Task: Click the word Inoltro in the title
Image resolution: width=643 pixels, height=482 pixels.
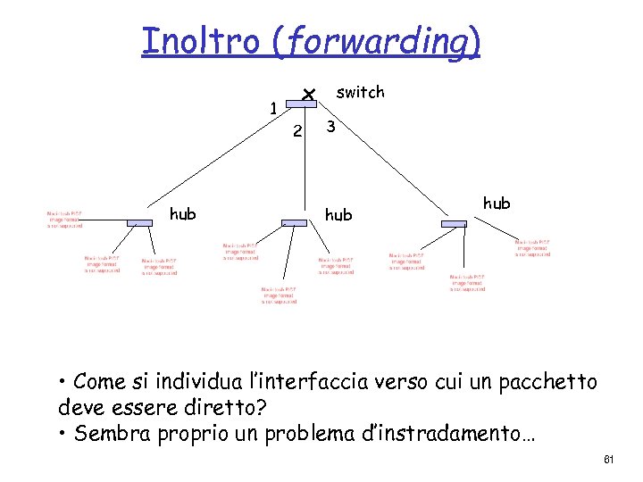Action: (x=203, y=41)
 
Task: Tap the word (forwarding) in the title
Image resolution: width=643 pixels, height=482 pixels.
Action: (x=378, y=42)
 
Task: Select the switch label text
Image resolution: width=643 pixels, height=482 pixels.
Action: (x=360, y=92)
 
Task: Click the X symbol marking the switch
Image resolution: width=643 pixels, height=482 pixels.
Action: (x=307, y=94)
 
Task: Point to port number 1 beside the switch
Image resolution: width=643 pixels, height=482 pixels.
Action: (x=273, y=109)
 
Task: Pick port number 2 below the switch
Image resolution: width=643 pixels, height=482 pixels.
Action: (x=298, y=131)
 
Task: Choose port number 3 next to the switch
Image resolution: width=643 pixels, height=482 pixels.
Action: (x=330, y=127)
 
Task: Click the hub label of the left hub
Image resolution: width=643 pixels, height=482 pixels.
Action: (x=183, y=213)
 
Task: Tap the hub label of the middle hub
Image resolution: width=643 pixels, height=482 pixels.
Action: (x=338, y=214)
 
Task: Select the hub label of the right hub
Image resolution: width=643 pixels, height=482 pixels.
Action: (x=496, y=203)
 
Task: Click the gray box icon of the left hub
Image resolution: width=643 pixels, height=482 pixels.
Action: (x=139, y=221)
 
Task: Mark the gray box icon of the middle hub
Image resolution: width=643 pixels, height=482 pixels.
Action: (x=293, y=222)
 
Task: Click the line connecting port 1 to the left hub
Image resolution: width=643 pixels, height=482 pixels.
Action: (x=214, y=161)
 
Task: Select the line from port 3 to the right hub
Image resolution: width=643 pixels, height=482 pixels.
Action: (x=393, y=170)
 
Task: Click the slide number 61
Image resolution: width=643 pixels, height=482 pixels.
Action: (x=609, y=460)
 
